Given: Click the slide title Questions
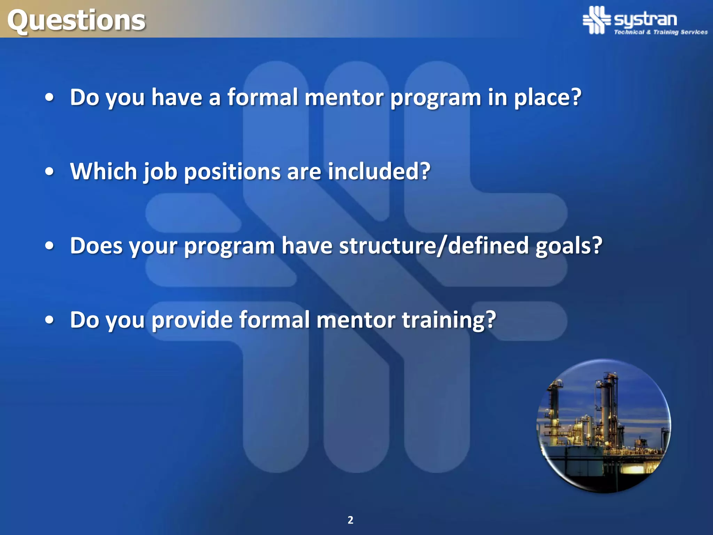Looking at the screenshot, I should click(76, 20).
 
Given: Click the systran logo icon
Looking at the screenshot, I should click(597, 20).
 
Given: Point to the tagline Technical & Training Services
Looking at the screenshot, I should click(660, 32).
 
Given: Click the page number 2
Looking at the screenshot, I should click(350, 520).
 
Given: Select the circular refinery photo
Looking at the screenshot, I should click(604, 426).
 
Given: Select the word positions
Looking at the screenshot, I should click(232, 172).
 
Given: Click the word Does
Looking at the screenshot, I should click(96, 246).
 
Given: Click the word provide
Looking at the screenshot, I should click(192, 320).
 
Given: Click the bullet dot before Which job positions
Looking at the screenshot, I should click(50, 172).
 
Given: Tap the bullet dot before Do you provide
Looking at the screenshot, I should click(50, 320).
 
